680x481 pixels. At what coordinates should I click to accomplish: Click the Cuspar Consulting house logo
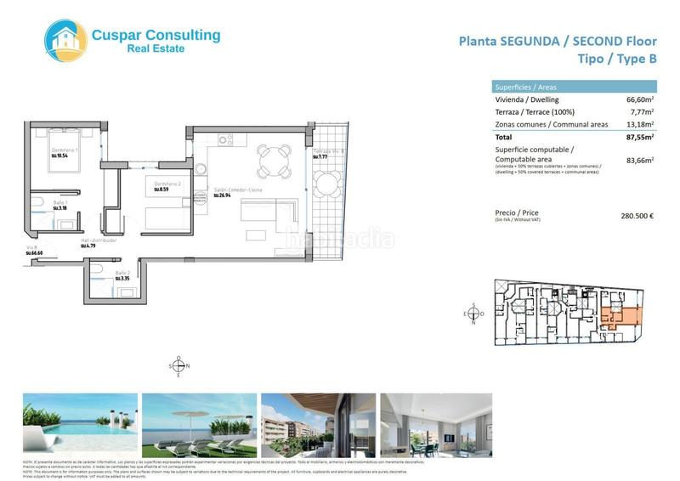[x=65, y=40]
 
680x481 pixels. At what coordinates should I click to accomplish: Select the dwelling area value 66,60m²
[x=638, y=99]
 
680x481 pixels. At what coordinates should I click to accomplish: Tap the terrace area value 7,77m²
[x=641, y=112]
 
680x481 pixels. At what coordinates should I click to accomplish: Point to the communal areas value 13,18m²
[x=638, y=125]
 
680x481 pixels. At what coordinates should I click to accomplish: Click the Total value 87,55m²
[x=638, y=137]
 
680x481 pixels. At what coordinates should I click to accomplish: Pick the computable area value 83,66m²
[x=638, y=160]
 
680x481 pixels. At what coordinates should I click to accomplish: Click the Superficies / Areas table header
[x=525, y=87]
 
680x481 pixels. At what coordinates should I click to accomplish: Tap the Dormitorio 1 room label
[x=65, y=150]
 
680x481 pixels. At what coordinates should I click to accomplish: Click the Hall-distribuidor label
[x=99, y=240]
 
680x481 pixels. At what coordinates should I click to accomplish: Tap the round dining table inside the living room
[x=274, y=159]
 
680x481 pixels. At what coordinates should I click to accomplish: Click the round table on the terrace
[x=327, y=184]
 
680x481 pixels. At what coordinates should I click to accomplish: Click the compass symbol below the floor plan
[x=178, y=366]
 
